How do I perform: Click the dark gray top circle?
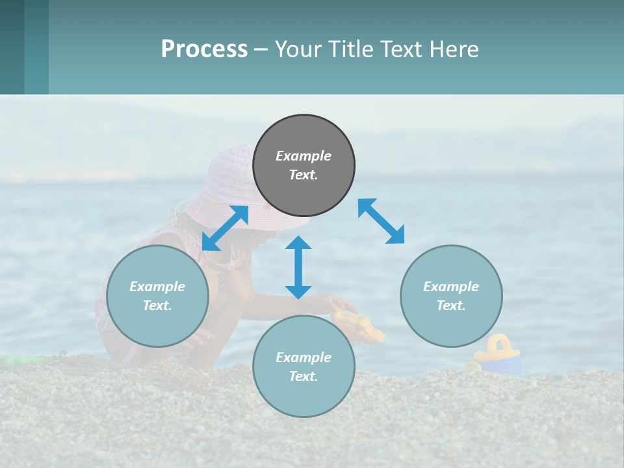click(x=304, y=166)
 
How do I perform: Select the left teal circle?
click(x=157, y=296)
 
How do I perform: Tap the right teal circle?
click(x=451, y=296)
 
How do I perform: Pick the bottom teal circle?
click(x=304, y=367)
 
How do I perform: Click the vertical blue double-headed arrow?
click(x=298, y=267)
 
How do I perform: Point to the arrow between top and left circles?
click(x=226, y=227)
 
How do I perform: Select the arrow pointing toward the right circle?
click(x=381, y=221)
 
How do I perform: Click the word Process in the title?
click(x=204, y=49)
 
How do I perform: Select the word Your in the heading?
click(x=298, y=49)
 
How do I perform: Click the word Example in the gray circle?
click(x=304, y=156)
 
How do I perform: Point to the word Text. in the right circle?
click(x=451, y=305)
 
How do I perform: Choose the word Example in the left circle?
click(x=157, y=287)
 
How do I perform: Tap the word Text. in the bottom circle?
click(x=304, y=376)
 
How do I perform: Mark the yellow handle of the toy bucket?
click(x=499, y=343)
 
